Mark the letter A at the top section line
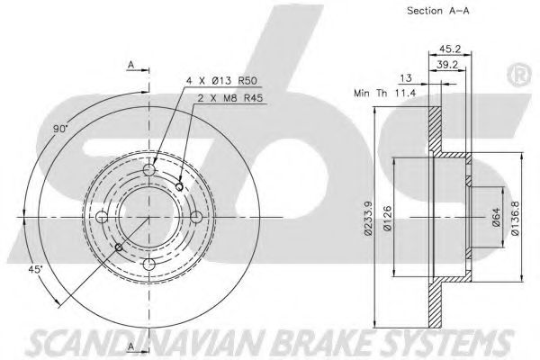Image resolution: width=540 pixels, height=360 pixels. (x=131, y=66)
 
